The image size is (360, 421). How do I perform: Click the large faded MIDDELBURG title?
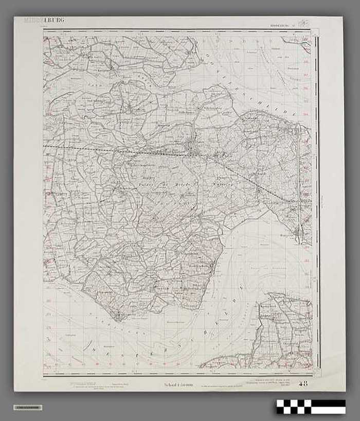click(x=44, y=21)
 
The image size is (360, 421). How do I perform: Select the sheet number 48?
click(x=303, y=383)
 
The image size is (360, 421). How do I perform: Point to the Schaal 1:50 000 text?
click(x=178, y=384)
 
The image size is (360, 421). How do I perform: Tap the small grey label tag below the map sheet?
click(x=28, y=408)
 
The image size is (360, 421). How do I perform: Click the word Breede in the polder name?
click(x=184, y=184)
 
